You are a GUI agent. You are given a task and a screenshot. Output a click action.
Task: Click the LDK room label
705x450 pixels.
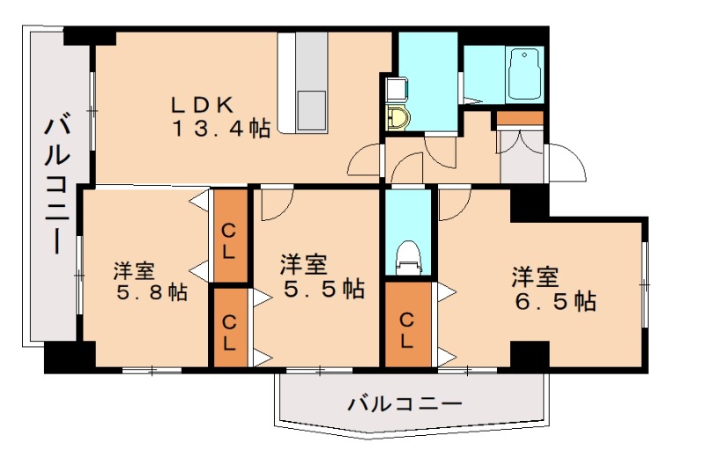(202, 104)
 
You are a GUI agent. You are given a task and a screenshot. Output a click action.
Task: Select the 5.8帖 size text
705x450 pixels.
(152, 291)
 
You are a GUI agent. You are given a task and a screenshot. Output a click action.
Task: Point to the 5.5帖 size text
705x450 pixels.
(323, 288)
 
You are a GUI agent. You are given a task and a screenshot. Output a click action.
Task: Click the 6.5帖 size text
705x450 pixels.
(555, 301)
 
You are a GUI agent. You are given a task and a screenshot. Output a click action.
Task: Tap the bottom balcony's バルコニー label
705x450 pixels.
(404, 406)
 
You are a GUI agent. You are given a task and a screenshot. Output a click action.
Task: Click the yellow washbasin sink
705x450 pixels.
(399, 118)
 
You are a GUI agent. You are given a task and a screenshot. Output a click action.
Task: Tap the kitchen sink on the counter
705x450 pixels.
(311, 107)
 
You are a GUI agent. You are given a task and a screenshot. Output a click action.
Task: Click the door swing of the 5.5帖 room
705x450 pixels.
(274, 204)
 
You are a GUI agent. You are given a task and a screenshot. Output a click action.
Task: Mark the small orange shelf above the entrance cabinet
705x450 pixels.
(520, 117)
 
